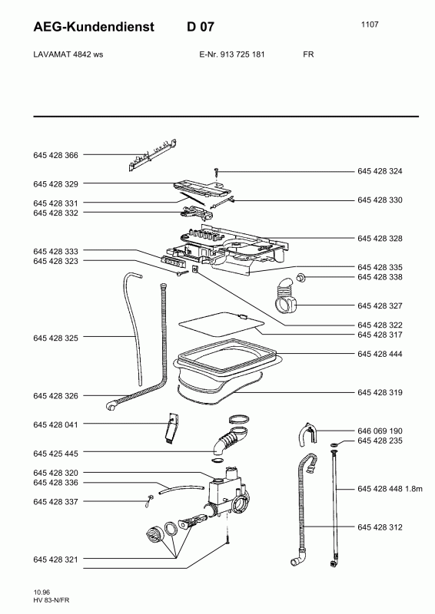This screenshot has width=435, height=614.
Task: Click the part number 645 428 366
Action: (x=55, y=155)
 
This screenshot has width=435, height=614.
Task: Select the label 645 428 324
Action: (x=380, y=171)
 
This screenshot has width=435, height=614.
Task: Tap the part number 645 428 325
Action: (x=55, y=338)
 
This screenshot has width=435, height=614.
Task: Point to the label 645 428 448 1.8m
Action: (x=390, y=489)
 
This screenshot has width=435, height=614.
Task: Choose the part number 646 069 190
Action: (x=380, y=431)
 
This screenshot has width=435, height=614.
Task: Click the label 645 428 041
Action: (x=55, y=424)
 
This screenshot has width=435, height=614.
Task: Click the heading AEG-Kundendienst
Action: (x=94, y=27)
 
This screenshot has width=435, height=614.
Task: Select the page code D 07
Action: (x=201, y=27)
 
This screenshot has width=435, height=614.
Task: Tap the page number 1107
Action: (x=370, y=25)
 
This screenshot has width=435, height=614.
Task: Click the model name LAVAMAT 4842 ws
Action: (x=68, y=54)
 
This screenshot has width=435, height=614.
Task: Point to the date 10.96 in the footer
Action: (x=42, y=592)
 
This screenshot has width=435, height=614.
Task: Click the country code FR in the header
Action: (x=308, y=54)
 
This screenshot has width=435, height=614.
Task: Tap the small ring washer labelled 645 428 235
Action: (x=334, y=444)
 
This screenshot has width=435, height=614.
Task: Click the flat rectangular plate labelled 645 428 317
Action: (x=221, y=324)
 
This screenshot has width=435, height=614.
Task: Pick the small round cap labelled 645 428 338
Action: (x=301, y=277)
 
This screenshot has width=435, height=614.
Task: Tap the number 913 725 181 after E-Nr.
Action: (x=242, y=54)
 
